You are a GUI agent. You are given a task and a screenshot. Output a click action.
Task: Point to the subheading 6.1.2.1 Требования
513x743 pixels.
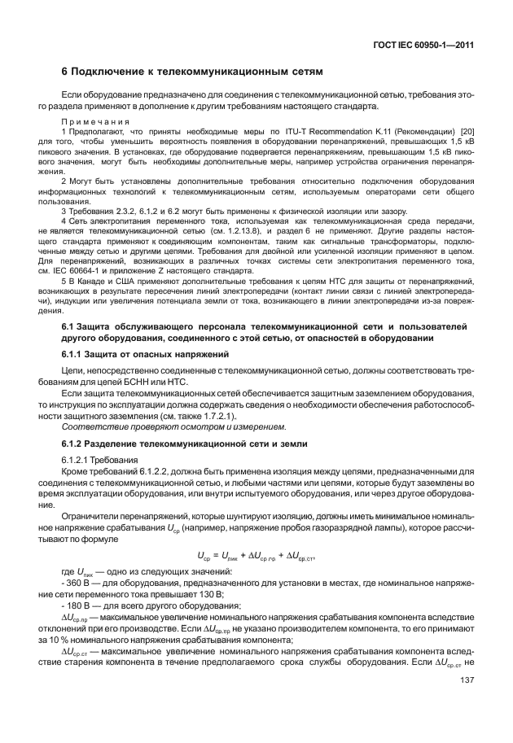(x=94, y=460)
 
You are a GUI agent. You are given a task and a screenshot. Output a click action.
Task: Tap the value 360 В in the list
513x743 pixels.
(x=79, y=584)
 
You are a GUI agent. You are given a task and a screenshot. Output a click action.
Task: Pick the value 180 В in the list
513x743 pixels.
(x=79, y=606)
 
